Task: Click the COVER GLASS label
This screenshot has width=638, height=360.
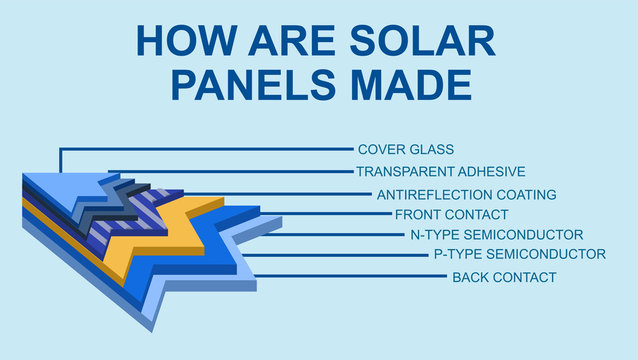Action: coord(405,150)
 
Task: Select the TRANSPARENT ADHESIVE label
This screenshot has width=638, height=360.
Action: coord(440,172)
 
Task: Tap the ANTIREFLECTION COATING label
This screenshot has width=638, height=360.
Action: coord(466,194)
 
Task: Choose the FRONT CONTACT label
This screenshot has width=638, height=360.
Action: coord(451,214)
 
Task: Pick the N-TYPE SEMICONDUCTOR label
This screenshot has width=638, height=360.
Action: coord(496,234)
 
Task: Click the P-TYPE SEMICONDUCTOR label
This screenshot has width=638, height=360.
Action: coord(519,254)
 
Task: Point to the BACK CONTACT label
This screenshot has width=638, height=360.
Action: coord(504,277)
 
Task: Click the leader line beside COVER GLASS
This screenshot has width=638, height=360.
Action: coord(200,150)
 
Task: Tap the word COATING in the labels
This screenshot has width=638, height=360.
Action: coord(524,194)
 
